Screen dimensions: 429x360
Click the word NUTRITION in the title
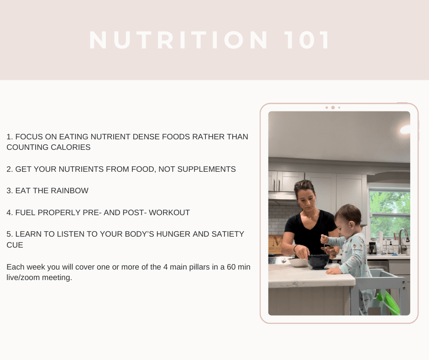click(x=178, y=40)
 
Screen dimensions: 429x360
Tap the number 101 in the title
click(x=307, y=40)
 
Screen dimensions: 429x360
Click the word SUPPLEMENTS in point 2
click(x=207, y=169)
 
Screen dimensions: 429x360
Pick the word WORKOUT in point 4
click(x=169, y=212)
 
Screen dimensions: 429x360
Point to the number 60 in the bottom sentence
click(x=231, y=267)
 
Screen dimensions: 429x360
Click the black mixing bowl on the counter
click(x=319, y=261)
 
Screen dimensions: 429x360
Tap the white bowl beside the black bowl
click(x=298, y=263)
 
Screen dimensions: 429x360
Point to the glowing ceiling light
click(x=405, y=129)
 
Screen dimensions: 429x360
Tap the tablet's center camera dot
click(x=333, y=108)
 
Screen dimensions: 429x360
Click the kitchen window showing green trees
click(x=390, y=214)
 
